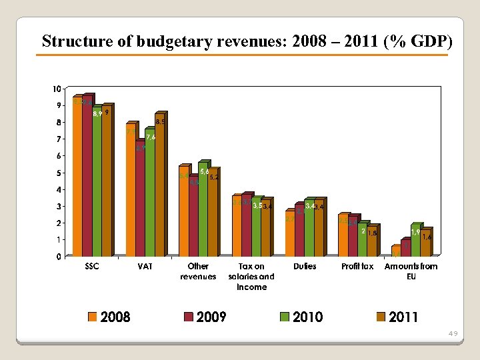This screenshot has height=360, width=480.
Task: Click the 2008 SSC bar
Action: pyautogui.click(x=77, y=177)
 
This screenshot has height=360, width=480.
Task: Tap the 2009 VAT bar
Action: pyautogui.click(x=140, y=200)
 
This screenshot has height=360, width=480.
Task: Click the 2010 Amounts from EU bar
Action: pyautogui.click(x=415, y=241)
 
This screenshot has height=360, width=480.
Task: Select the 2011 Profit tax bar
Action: pyautogui.click(x=371, y=242)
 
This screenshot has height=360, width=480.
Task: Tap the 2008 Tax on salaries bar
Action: pyautogui.click(x=237, y=227)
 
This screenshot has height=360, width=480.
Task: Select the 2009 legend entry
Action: pyautogui.click(x=211, y=317)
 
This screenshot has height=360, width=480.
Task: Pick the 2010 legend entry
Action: pyautogui.click(x=307, y=317)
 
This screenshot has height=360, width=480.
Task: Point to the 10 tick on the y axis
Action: pyautogui.click(x=57, y=89)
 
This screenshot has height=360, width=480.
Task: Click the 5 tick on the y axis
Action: pyautogui.click(x=59, y=173)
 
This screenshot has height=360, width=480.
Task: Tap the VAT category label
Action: pyautogui.click(x=145, y=267)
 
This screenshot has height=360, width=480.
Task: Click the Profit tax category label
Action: pyautogui.click(x=357, y=267)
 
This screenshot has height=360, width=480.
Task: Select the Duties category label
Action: pyautogui.click(x=305, y=267)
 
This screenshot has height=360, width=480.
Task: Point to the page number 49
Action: pyautogui.click(x=453, y=333)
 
